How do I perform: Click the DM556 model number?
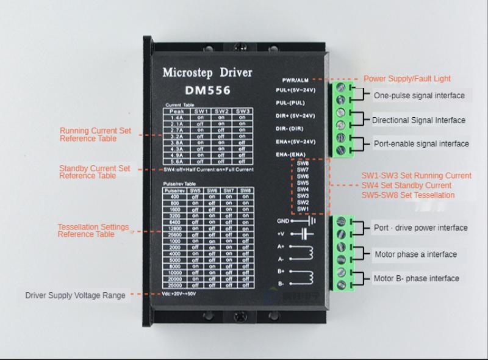pos(207,91)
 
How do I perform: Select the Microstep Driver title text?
pos(207,73)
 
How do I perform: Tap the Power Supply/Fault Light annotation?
pos(407,79)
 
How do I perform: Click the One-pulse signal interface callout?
pos(419,95)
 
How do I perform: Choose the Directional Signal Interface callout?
pos(418,120)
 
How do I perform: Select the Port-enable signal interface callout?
pos(422,144)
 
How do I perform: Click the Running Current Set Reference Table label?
pos(95,135)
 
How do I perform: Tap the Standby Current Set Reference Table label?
pos(95,172)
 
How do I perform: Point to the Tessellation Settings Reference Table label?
pos(93,231)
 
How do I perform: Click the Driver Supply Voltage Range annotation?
pos(75,295)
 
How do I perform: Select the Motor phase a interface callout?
pos(415,254)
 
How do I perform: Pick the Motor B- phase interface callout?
pos(416,279)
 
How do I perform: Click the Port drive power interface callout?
pos(420,228)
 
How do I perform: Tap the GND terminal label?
pos(282,221)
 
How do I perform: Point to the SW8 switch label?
pos(303,164)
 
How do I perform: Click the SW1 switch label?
pos(303,209)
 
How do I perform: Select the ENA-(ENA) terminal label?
pos(290,154)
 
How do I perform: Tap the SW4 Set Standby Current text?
pos(406,185)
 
